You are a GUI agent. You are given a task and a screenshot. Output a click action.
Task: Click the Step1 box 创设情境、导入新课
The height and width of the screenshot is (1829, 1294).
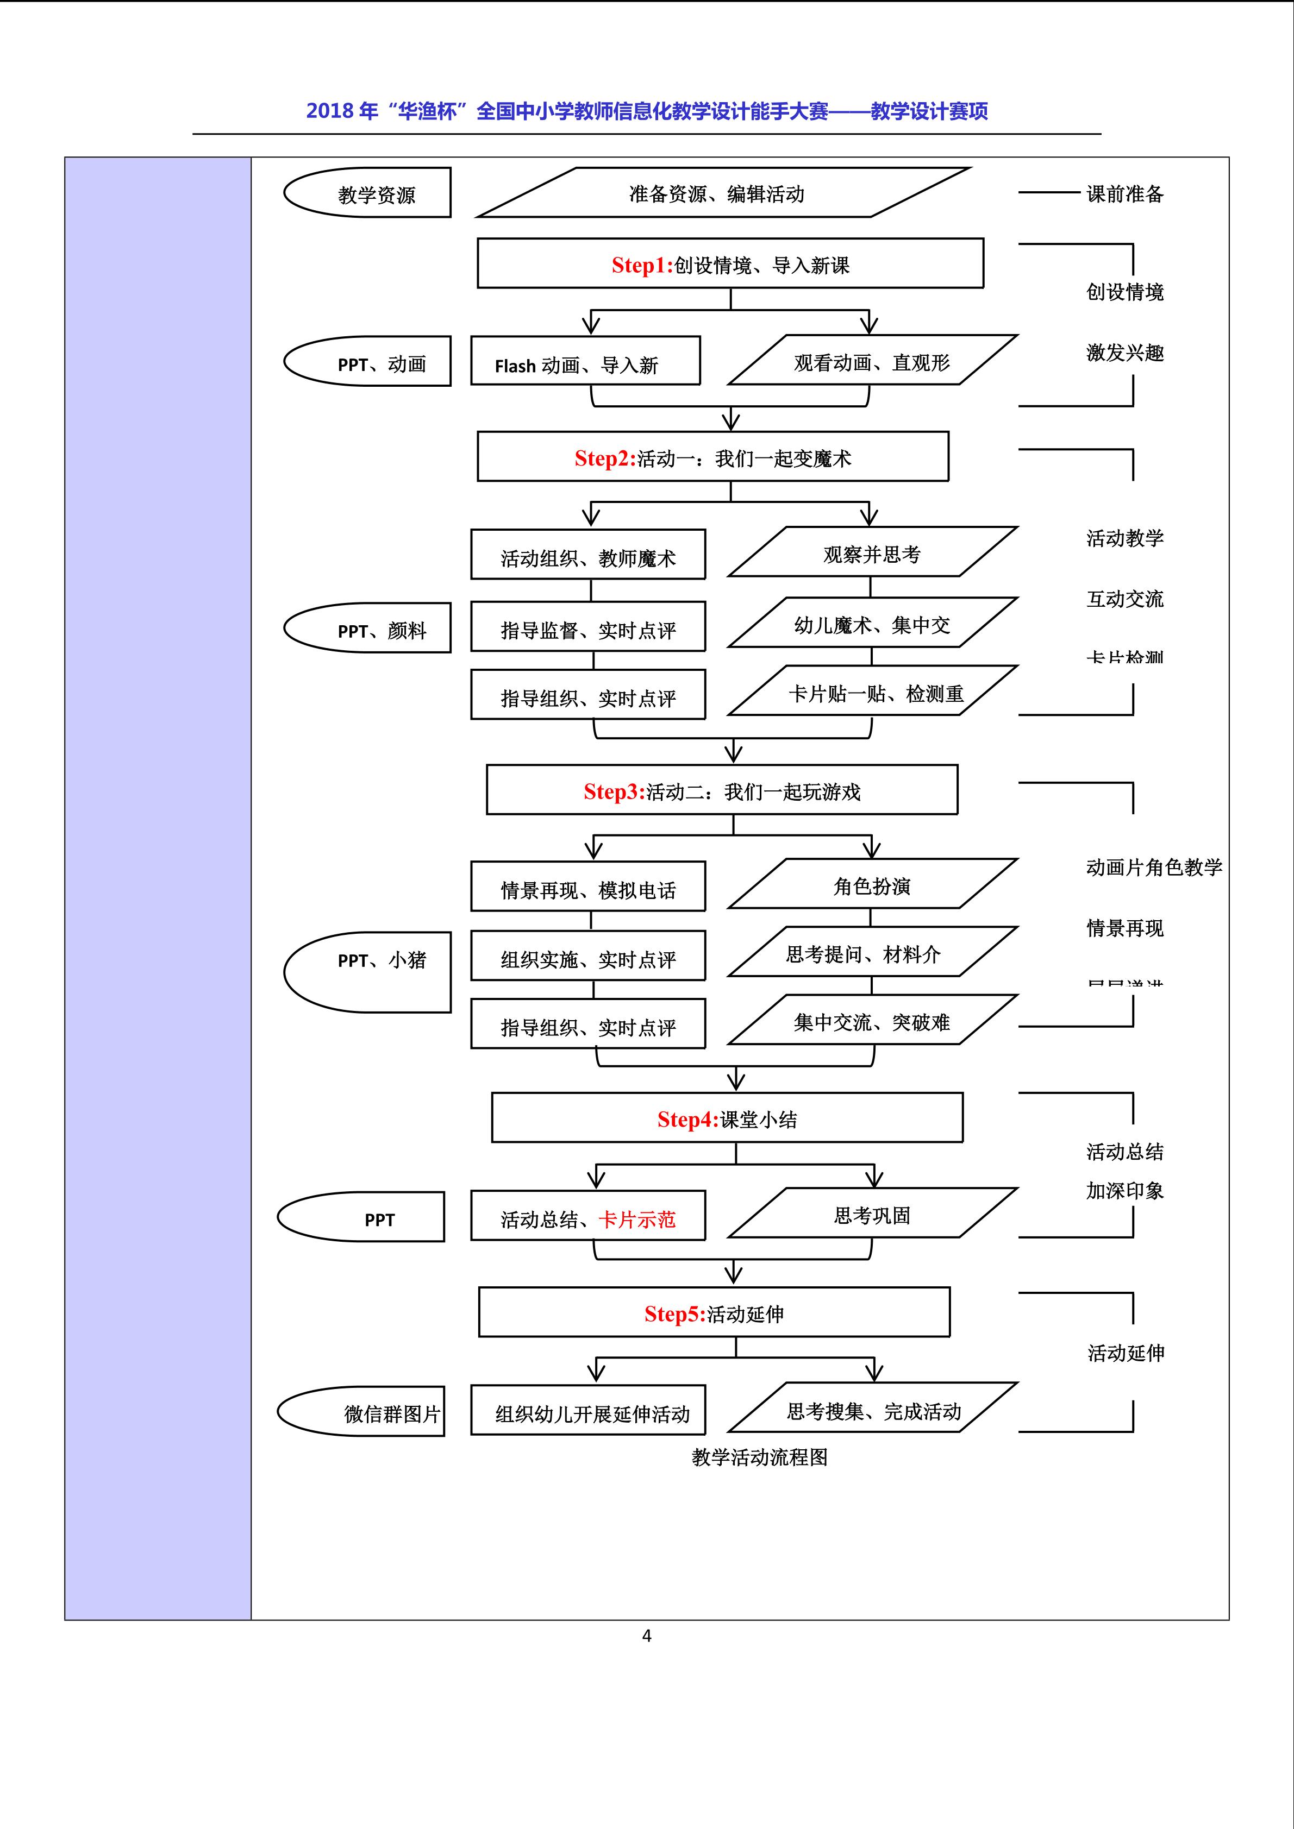[730, 263]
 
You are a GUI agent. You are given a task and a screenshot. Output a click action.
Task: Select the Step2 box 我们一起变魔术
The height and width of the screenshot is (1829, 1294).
[712, 457]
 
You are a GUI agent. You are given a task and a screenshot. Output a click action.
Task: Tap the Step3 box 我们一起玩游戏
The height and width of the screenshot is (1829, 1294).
[722, 790]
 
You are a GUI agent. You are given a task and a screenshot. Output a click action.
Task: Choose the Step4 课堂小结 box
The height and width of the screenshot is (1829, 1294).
[727, 1118]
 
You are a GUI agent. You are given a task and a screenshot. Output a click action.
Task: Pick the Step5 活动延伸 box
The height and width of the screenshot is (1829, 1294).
[714, 1313]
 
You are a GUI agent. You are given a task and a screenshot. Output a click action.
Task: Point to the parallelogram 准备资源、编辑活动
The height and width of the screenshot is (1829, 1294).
[717, 193]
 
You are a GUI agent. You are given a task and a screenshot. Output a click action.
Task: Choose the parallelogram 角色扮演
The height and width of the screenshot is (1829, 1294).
[872, 885]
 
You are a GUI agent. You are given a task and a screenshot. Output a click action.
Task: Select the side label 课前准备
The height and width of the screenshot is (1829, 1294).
[1124, 193]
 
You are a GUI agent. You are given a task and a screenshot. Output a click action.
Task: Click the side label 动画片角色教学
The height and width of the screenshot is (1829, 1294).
[1153, 867]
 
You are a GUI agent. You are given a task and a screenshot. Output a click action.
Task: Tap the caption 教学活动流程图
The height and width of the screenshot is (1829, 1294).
[759, 1457]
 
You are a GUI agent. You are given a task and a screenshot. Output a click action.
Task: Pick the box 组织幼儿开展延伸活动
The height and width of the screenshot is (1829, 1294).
[591, 1413]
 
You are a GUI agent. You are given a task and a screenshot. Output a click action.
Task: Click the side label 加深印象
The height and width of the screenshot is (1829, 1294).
[1124, 1190]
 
